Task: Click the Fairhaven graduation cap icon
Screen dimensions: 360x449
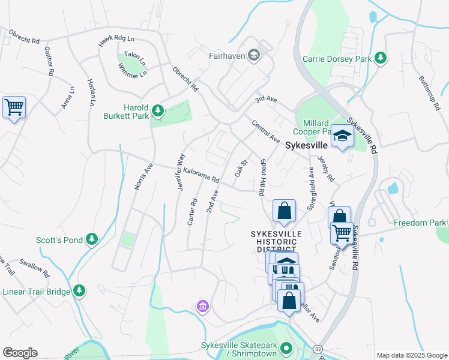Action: pos(254,56)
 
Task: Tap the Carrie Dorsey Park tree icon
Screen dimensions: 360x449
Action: pos(379,58)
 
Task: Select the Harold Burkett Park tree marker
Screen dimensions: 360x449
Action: pos(157,110)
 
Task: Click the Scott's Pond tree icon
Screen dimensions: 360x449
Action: pos(92,239)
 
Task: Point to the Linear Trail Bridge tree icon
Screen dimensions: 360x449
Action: pos(79,291)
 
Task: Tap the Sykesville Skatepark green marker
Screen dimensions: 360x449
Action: pos(286,348)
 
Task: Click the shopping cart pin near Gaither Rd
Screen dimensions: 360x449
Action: pos(14,108)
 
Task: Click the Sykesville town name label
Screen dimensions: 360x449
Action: pos(306,145)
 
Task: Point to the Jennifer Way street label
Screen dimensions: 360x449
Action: pos(179,172)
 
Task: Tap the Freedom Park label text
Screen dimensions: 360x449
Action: pos(415,223)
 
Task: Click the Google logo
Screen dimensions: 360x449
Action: pos(20,353)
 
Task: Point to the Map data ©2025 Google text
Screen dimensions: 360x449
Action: pos(411,355)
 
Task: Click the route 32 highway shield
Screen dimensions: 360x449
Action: pos(317,348)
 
